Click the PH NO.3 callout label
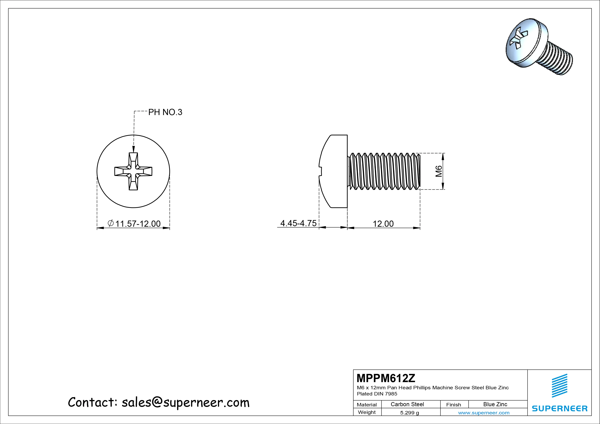[x=165, y=112]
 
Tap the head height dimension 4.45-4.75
[x=298, y=223]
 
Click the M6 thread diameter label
[x=439, y=171]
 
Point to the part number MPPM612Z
[x=386, y=378]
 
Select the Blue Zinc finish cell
[x=495, y=404]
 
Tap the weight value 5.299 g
[x=409, y=413]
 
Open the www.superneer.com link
[x=484, y=413]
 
